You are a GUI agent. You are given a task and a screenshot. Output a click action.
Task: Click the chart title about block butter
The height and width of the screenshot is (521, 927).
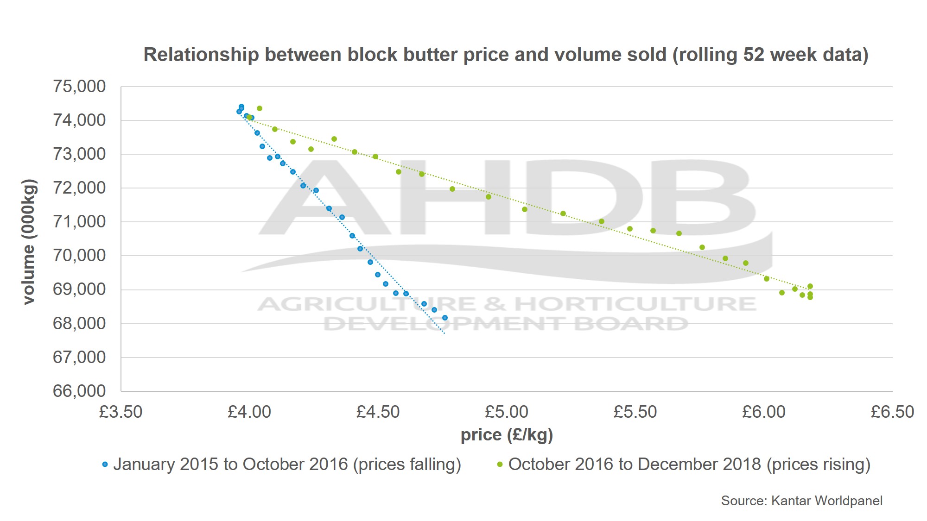[x=506, y=55]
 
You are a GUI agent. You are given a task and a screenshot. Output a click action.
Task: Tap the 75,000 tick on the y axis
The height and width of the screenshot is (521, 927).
[x=79, y=87]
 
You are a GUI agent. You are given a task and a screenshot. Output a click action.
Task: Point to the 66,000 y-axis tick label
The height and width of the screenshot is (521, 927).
[x=79, y=391]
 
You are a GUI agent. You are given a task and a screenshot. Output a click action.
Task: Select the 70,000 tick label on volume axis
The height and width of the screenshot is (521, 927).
[x=79, y=256]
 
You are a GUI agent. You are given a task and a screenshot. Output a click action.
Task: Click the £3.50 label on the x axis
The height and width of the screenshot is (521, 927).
[x=121, y=412]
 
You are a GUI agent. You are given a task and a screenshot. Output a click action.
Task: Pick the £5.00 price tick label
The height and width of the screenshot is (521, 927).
[x=506, y=412]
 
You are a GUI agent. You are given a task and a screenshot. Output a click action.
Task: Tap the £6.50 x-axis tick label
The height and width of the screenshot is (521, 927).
[x=892, y=412]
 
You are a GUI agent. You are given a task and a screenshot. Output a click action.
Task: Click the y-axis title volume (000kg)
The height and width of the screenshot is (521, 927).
[x=29, y=241]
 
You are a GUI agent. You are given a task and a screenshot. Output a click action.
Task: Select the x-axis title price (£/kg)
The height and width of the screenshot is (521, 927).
[x=507, y=435]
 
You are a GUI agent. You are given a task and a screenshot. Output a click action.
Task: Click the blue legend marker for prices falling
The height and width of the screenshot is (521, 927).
[x=105, y=465]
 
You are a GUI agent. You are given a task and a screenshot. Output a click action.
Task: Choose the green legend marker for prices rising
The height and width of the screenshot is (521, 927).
[x=500, y=465]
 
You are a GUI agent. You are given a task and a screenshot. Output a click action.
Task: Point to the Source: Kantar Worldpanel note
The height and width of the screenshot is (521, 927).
[x=801, y=501]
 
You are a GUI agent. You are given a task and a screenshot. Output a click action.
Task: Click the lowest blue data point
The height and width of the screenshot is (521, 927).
[x=444, y=318]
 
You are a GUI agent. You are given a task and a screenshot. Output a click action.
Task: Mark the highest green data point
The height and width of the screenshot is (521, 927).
[x=260, y=108]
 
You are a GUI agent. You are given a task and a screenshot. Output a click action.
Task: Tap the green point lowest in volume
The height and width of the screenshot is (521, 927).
[x=810, y=297]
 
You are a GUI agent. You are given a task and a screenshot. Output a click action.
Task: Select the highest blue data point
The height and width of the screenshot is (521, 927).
[x=241, y=107]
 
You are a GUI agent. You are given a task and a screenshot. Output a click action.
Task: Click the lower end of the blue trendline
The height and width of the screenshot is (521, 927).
[x=444, y=333]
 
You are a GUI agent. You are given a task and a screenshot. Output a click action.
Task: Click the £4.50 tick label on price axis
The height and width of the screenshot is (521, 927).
[x=378, y=412]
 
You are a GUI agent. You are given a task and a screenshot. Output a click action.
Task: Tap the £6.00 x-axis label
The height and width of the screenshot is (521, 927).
[x=764, y=412]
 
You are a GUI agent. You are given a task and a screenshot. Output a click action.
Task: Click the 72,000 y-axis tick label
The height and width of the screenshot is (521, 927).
[x=79, y=188]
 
